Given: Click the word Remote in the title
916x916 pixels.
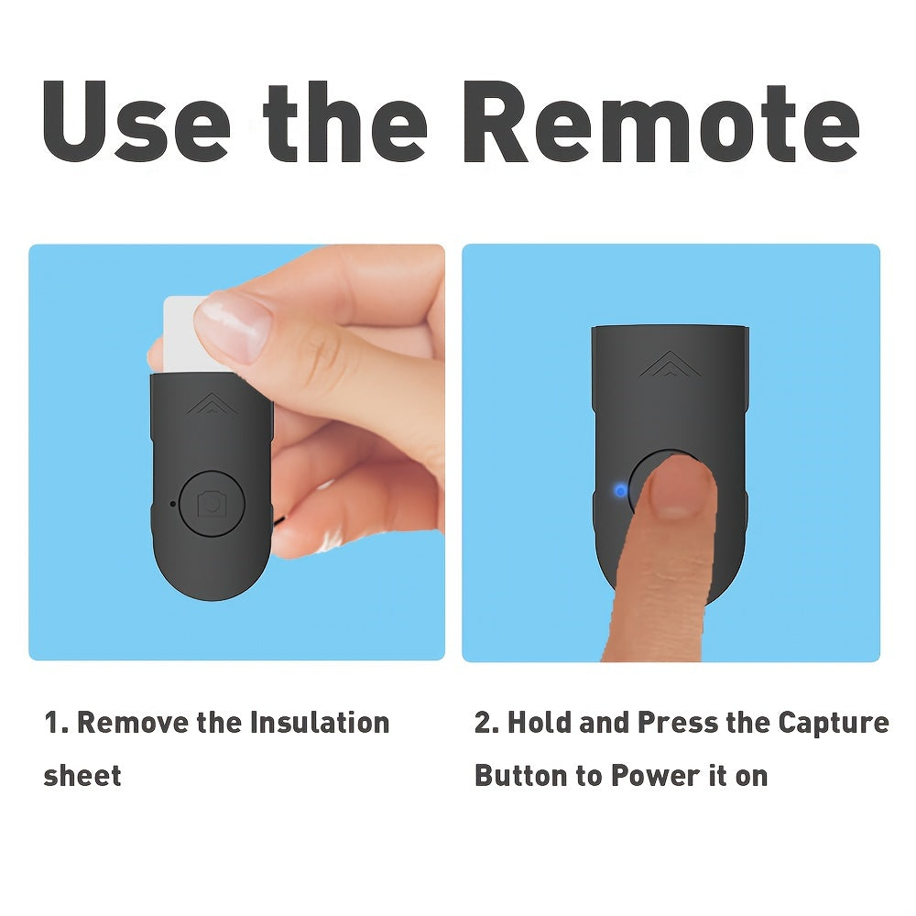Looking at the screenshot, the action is (x=661, y=121).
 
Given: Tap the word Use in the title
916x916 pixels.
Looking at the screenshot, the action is (x=136, y=121).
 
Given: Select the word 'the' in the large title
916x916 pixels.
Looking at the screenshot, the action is (x=345, y=123).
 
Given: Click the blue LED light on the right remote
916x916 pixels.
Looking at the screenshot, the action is (x=620, y=491).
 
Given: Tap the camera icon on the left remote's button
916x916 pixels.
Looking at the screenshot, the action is (x=212, y=504).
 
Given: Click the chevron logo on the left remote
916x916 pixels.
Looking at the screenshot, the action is (x=213, y=404).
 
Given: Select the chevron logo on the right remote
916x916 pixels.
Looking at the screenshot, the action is (x=671, y=364).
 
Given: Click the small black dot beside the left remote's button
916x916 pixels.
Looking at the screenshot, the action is (x=172, y=504).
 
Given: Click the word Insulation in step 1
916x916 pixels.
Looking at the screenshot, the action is (x=320, y=723).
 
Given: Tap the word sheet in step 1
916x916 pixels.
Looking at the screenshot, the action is (x=82, y=776).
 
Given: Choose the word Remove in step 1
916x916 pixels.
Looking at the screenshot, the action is (x=133, y=723).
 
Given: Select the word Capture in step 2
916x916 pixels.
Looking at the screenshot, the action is (x=834, y=724).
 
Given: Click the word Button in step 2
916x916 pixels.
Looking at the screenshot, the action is (x=521, y=776).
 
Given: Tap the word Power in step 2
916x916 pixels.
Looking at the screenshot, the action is (x=656, y=776).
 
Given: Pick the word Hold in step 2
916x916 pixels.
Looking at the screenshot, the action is (x=540, y=723).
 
